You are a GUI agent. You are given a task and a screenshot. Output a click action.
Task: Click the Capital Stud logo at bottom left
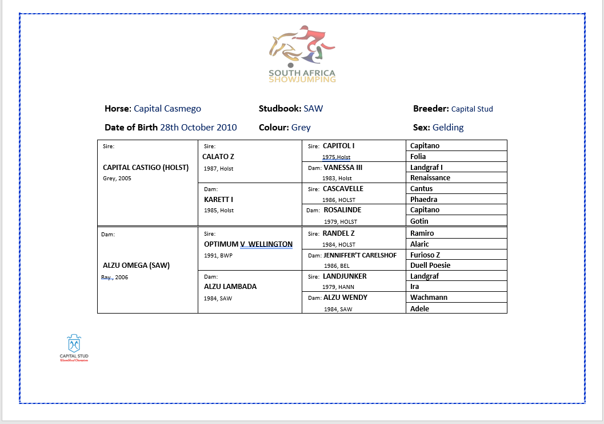74,348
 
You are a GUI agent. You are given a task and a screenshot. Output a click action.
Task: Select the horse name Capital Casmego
167,109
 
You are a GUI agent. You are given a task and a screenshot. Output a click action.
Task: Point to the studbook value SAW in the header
313,109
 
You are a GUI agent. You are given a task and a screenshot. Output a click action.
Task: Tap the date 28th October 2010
198,128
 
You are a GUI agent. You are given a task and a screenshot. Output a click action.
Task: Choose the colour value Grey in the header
301,128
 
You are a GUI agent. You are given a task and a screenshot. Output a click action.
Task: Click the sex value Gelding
448,128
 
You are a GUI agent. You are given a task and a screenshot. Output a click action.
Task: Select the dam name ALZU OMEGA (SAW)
137,266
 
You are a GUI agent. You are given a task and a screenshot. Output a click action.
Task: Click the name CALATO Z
218,157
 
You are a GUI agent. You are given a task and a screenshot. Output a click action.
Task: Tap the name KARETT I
218,200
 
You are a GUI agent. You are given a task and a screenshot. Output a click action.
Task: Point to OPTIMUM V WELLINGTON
248,244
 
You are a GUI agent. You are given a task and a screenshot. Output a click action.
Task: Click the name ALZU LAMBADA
230,287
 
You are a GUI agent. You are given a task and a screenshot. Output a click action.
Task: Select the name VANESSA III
343,168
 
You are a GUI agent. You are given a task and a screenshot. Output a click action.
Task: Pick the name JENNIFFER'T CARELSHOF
360,255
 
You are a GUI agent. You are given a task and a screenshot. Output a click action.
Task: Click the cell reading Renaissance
430,178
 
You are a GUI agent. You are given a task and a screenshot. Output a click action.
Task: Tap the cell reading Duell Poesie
430,266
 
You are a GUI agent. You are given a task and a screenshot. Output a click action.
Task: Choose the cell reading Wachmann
429,298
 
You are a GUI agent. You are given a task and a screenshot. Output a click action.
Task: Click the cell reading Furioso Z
425,255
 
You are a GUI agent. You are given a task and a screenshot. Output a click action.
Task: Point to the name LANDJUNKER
345,276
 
